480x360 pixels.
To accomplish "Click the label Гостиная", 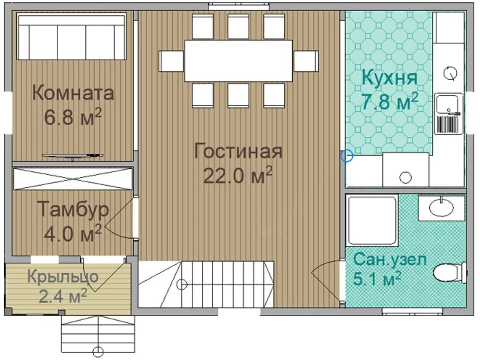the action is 238,151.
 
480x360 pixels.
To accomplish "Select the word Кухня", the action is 390,78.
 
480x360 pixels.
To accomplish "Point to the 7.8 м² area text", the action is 390,101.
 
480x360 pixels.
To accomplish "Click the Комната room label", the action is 73,93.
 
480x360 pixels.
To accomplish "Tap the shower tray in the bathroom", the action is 372,221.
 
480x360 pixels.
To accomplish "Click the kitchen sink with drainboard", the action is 449,114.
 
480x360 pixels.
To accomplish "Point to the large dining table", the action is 238,61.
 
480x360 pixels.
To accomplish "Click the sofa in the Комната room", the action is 72,36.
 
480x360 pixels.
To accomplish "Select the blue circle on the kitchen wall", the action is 347,156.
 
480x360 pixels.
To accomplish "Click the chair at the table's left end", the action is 171,61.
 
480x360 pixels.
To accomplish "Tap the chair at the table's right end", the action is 306,61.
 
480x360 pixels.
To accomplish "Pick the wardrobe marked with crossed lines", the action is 73,179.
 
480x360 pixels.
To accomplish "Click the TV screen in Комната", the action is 73,156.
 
